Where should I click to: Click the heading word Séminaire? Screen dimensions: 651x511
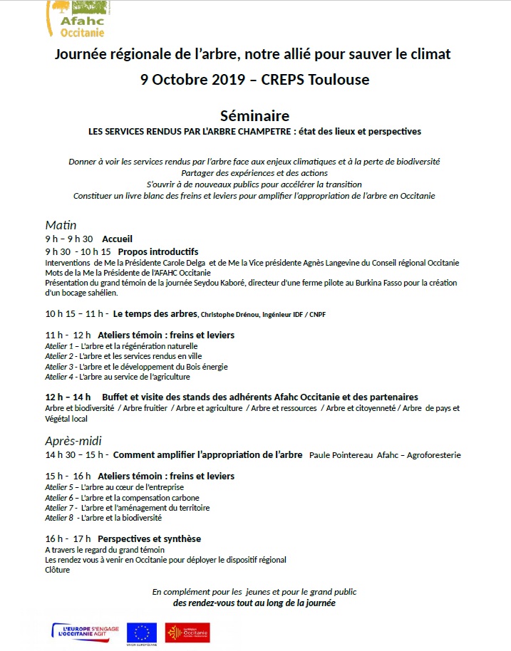click(254, 115)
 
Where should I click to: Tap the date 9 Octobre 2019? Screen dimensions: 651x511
click(196, 79)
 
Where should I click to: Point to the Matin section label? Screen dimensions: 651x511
click(61, 225)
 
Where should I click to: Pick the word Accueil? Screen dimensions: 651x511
click(117, 239)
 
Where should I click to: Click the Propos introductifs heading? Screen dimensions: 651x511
click(158, 252)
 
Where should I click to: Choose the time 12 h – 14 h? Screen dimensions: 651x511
click(68, 397)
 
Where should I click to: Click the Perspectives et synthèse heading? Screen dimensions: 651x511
click(149, 538)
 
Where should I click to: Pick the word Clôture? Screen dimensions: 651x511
click(58, 570)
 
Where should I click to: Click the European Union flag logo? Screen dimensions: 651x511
click(141, 631)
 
